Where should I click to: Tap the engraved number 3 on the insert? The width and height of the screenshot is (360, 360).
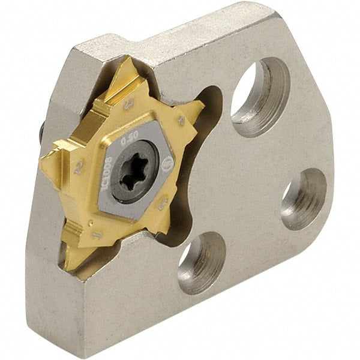coord(127,108)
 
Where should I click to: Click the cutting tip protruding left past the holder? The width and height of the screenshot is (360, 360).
coord(43,159)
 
